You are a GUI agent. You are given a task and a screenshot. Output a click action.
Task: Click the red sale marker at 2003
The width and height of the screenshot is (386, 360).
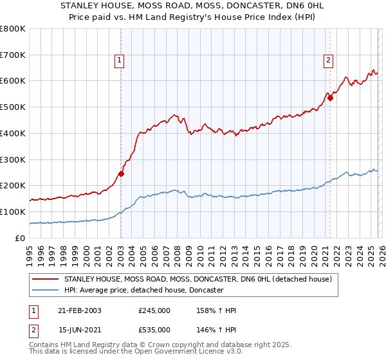pos(121,174)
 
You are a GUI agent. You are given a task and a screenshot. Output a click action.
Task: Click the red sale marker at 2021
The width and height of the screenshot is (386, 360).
pos(330,98)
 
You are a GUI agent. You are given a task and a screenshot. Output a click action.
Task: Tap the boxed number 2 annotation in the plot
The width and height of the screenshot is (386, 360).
pos(329,61)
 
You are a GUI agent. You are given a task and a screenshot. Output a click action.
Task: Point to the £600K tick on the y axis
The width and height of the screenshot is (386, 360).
pos(13,81)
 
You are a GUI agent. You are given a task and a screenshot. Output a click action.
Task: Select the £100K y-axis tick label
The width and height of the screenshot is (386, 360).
pos(13,212)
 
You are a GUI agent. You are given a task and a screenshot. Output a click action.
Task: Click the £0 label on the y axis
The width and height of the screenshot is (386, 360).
pos(20,238)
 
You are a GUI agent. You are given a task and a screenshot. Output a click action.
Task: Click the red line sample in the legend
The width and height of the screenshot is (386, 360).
pos(46,280)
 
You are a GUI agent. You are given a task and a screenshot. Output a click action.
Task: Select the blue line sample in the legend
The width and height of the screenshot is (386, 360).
pos(46,291)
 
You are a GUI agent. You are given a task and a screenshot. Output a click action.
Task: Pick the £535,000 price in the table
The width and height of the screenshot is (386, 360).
pos(154,330)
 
